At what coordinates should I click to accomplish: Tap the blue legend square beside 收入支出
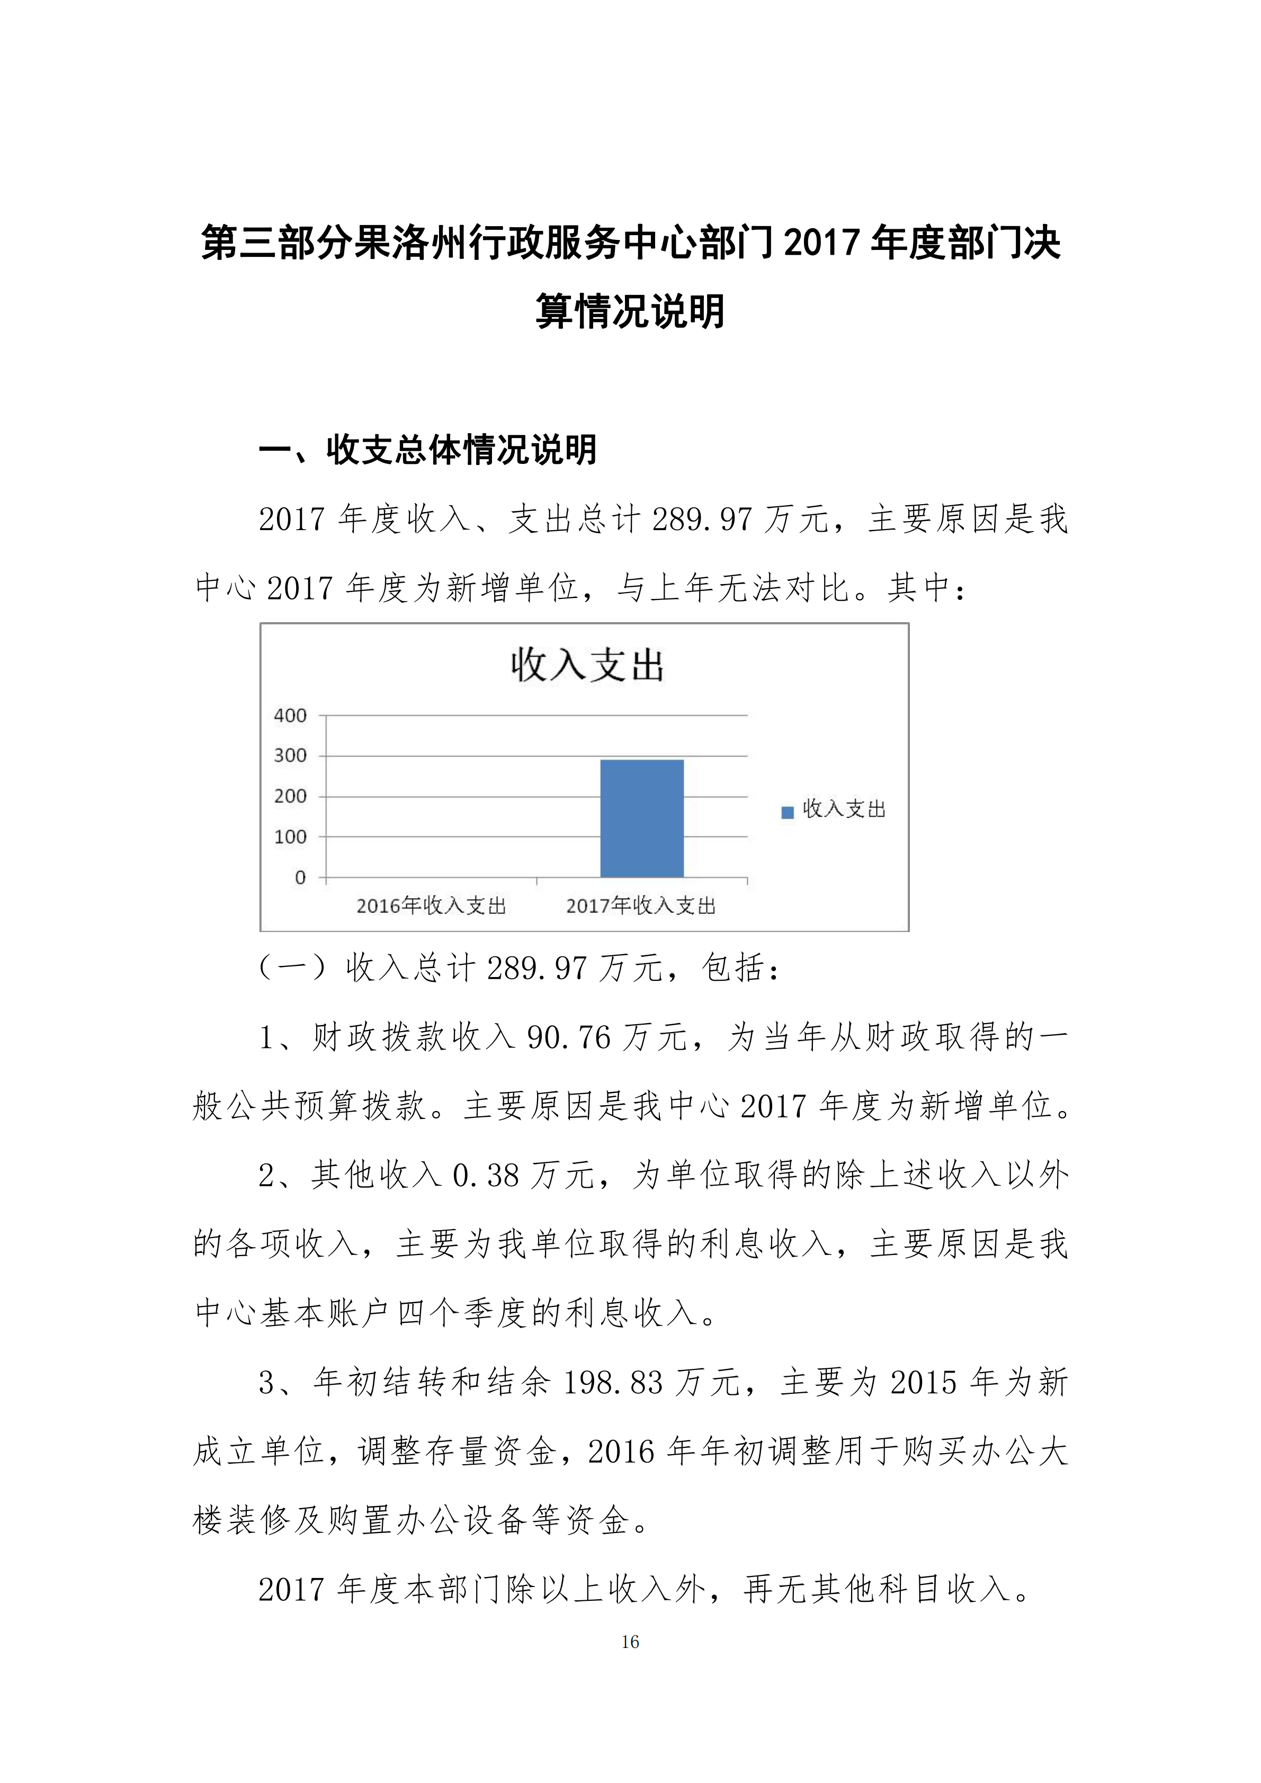click(788, 812)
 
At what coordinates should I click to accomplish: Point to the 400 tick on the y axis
click(290, 715)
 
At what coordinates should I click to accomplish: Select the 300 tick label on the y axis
click(290, 756)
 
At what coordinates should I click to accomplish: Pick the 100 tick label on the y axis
click(290, 837)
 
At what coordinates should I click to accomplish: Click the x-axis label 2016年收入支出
click(431, 906)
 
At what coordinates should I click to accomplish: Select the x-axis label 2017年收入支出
click(641, 906)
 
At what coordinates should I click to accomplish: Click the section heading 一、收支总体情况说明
click(428, 451)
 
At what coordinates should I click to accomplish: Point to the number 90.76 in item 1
click(569, 1038)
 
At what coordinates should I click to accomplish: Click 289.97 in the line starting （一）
click(536, 969)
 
